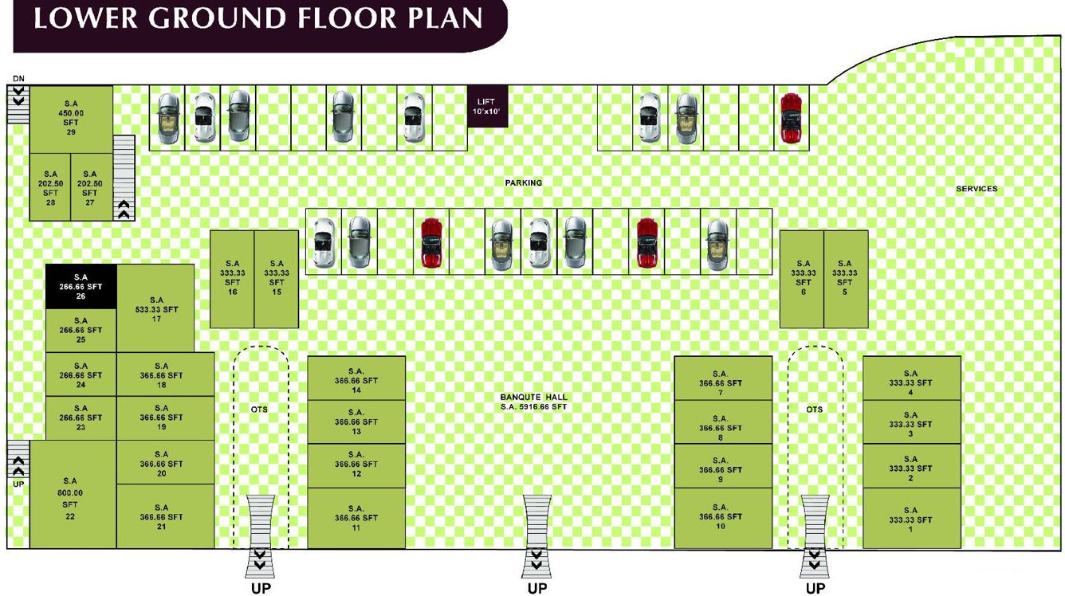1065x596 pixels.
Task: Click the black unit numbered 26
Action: [81, 286]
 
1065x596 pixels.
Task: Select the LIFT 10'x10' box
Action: [486, 106]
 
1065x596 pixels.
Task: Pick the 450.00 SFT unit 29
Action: [71, 119]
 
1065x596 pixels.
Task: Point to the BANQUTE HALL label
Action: [534, 397]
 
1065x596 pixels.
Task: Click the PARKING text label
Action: [523, 182]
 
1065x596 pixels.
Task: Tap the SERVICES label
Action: [977, 189]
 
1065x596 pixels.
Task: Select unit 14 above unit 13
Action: [356, 378]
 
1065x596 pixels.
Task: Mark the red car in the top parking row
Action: [790, 119]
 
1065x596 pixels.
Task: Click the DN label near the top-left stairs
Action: [18, 78]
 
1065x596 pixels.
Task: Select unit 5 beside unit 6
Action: [845, 278]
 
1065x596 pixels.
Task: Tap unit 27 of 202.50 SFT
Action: [89, 187]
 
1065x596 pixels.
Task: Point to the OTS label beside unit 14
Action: [259, 409]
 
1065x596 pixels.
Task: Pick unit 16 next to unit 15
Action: [232, 278]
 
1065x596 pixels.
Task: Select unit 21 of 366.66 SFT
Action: [165, 517]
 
